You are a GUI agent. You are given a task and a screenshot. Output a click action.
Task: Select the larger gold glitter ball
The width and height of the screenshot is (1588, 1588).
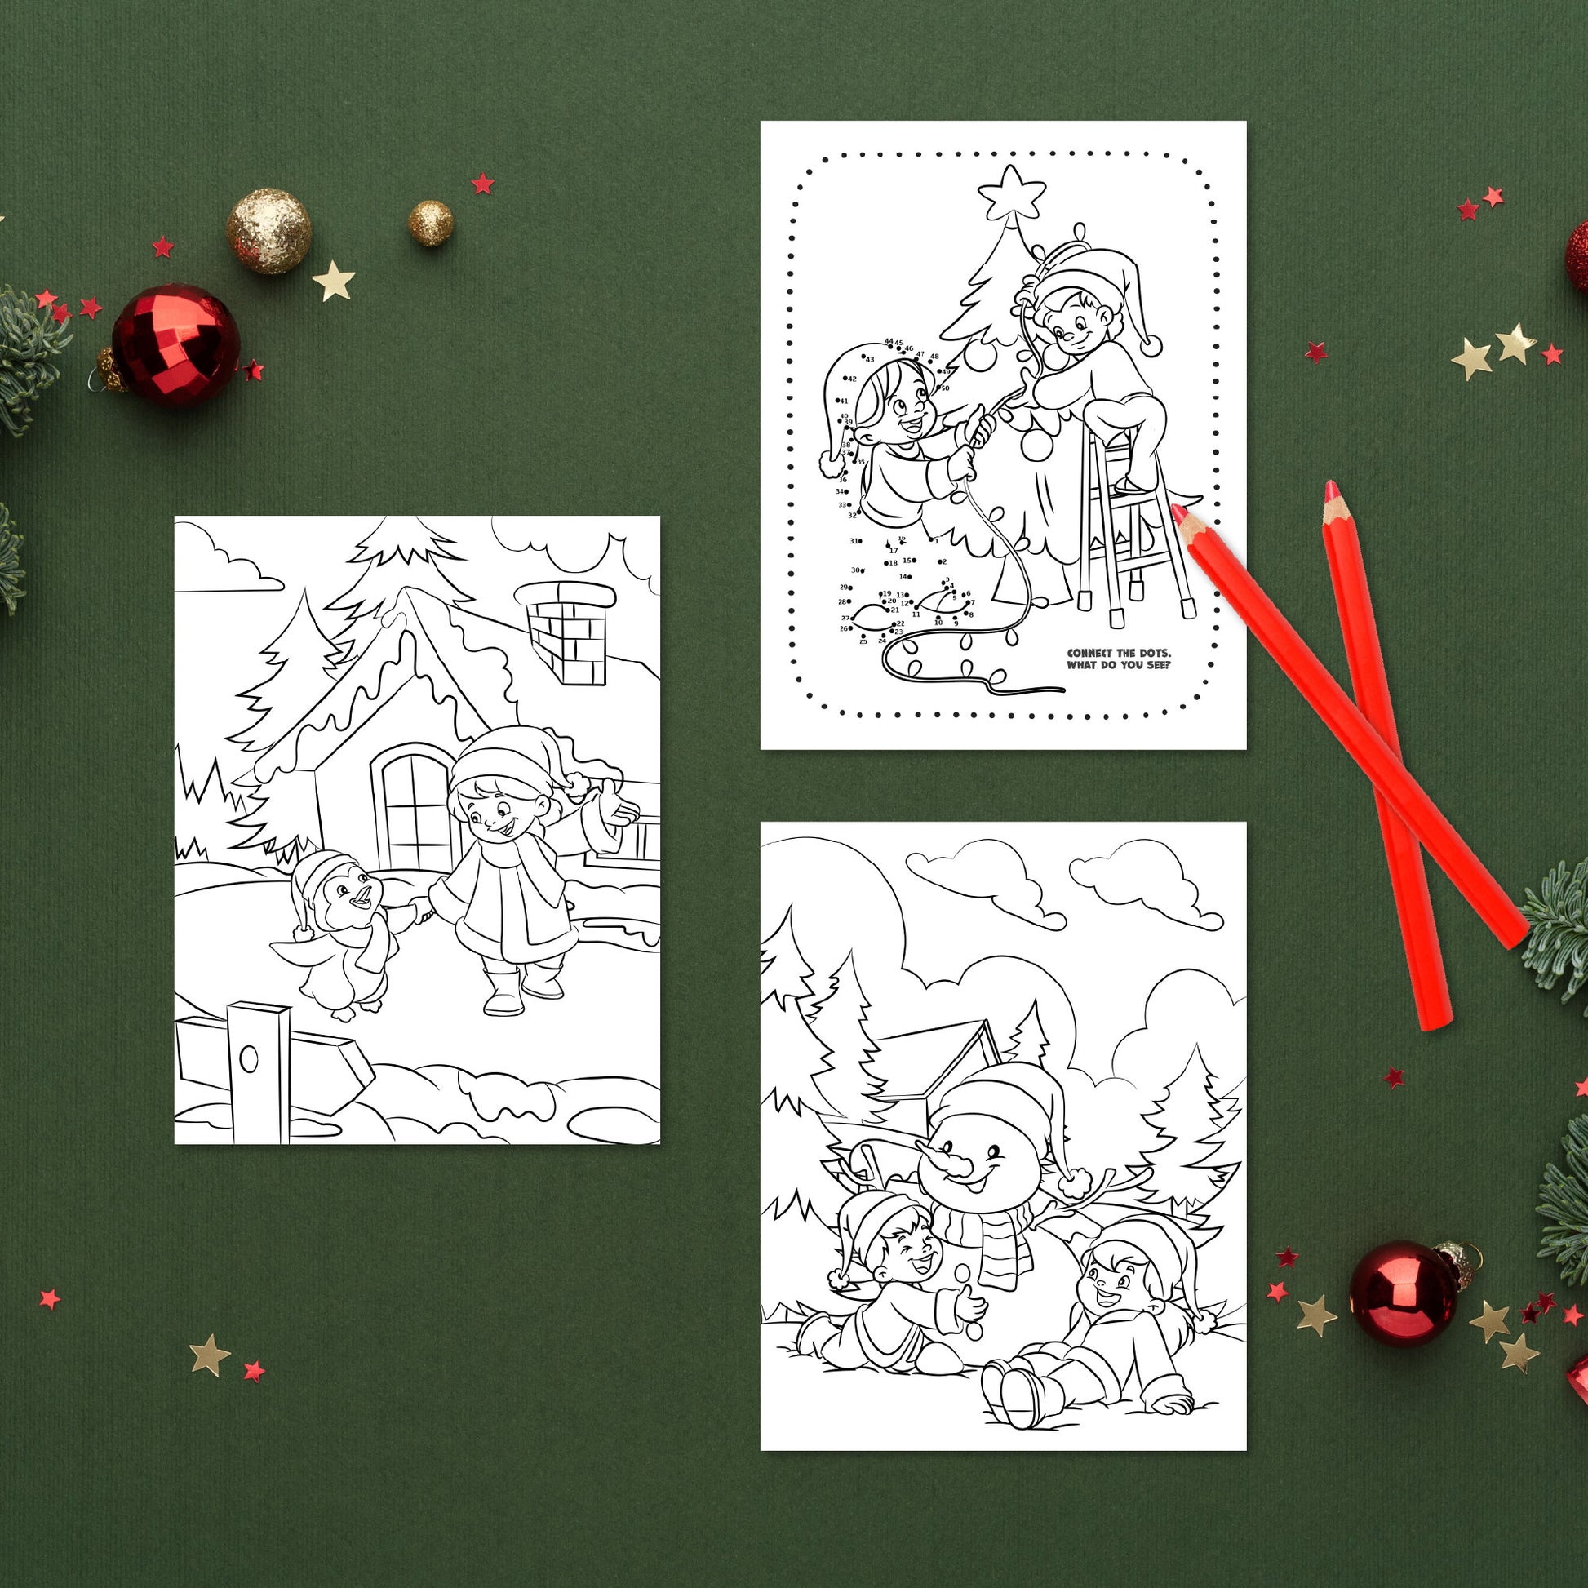(x=268, y=231)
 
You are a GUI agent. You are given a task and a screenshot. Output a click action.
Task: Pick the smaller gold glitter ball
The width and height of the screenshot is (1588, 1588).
(x=432, y=222)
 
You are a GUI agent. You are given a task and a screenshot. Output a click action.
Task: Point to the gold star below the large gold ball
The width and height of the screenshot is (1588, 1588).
(x=333, y=279)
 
